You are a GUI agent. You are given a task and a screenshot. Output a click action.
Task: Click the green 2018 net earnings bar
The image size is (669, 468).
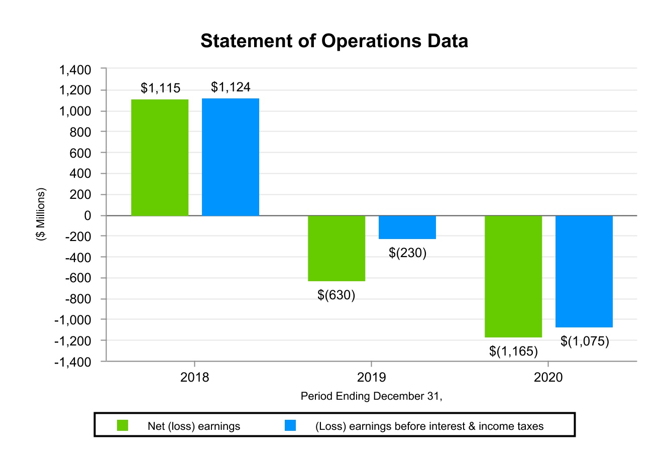(x=160, y=158)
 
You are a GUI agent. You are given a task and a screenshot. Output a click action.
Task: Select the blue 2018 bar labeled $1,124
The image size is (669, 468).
(x=231, y=157)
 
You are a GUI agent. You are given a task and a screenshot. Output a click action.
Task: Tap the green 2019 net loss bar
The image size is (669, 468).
(x=337, y=248)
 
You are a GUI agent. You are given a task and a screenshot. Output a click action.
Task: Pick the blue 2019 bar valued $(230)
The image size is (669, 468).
(x=407, y=227)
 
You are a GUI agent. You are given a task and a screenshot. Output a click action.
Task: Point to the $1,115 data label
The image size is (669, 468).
(x=160, y=88)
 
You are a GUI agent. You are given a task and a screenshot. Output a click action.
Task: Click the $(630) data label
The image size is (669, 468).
(x=336, y=295)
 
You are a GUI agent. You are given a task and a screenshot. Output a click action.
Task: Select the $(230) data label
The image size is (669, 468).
(x=407, y=253)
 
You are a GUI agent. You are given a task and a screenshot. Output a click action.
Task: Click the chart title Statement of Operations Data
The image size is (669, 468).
(x=334, y=41)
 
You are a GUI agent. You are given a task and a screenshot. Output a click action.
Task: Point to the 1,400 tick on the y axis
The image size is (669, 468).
(x=75, y=70)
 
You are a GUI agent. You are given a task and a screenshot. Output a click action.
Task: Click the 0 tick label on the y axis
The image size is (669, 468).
(x=88, y=215)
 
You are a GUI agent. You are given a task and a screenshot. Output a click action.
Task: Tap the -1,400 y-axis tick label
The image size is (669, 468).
(x=73, y=362)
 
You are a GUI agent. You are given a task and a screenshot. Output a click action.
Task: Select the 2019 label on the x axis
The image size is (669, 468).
(x=371, y=377)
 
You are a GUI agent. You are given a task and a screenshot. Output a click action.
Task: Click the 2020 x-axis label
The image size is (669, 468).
(x=548, y=377)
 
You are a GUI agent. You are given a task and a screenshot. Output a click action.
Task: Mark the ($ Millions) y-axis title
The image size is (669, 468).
(x=41, y=214)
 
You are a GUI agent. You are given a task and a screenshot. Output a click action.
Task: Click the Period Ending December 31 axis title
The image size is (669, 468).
(x=371, y=396)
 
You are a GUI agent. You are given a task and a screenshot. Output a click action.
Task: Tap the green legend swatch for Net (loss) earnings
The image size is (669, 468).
(x=123, y=426)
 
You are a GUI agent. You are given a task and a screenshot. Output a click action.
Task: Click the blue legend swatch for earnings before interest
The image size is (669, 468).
(x=290, y=426)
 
